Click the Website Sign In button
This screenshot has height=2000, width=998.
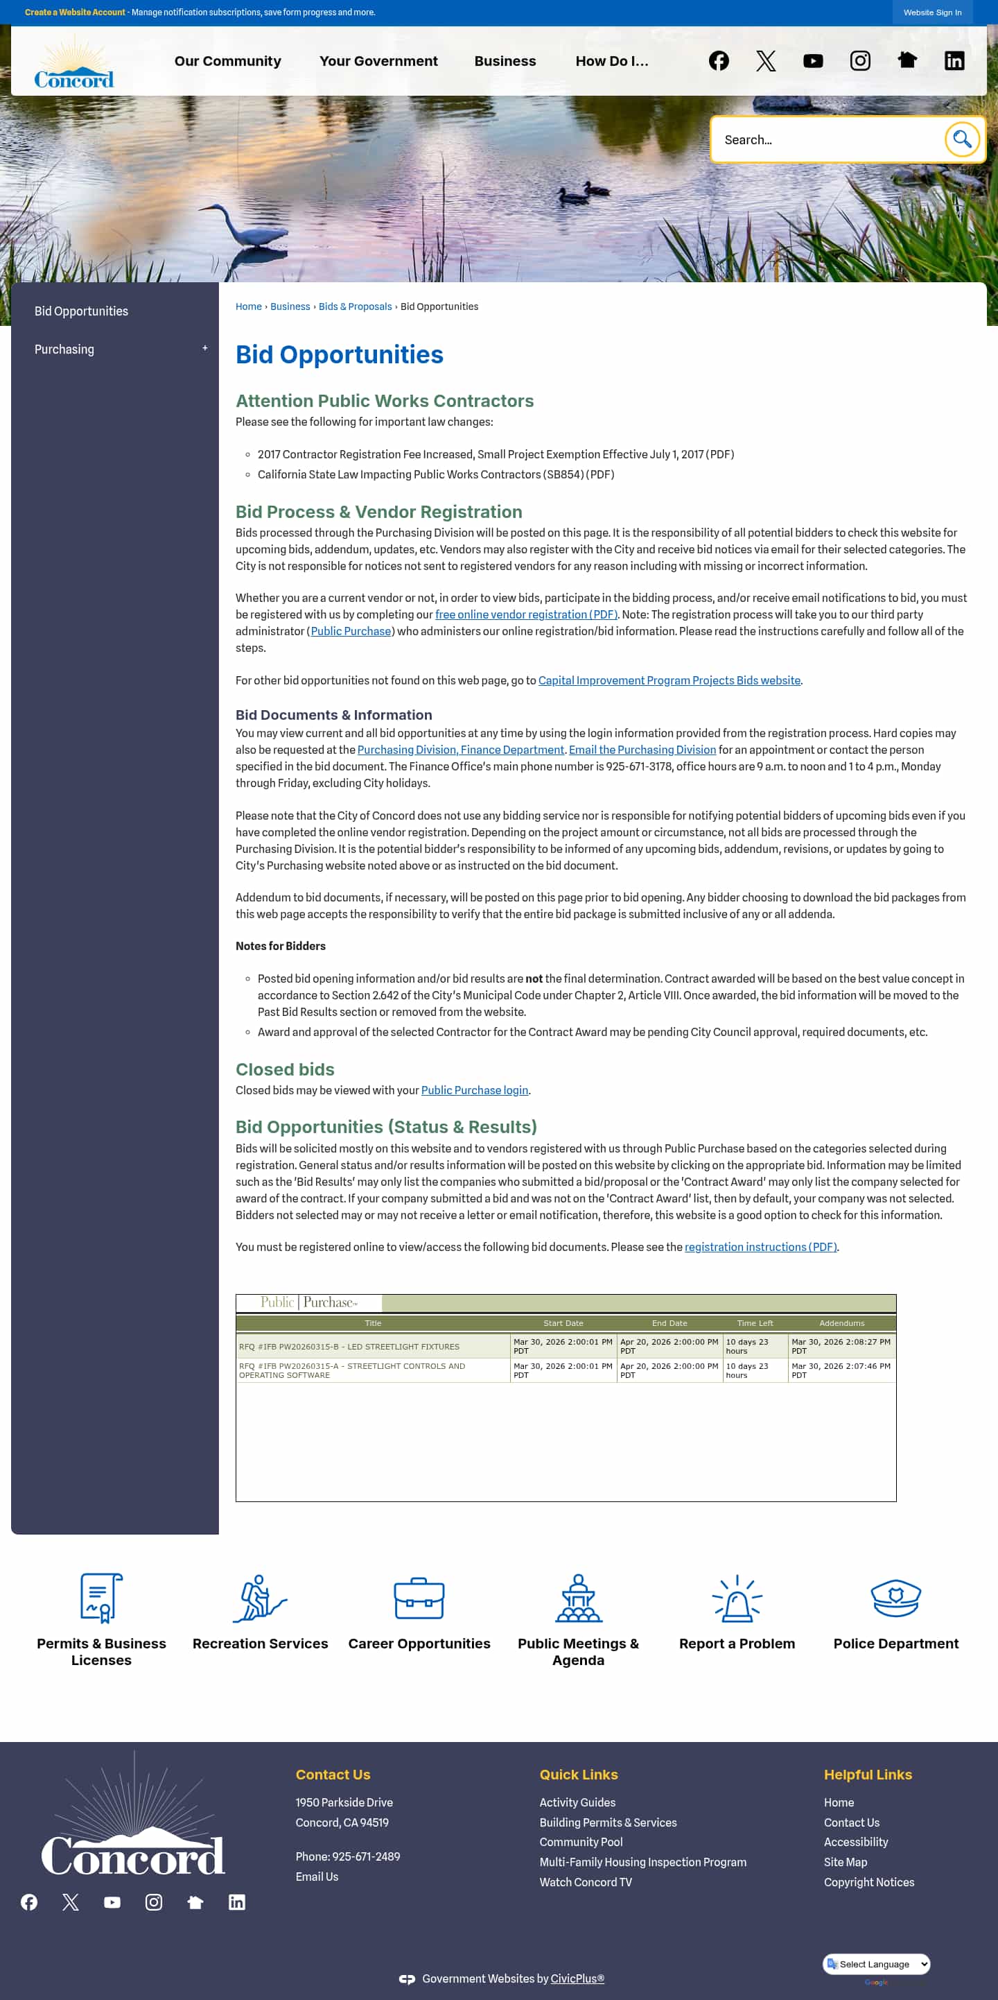931,12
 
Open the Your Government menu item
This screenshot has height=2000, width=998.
378,61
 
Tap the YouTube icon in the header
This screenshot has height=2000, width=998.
812,61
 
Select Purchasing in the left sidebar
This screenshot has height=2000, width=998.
64,350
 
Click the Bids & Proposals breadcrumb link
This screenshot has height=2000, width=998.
355,307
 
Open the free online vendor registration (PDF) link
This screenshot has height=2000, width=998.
525,614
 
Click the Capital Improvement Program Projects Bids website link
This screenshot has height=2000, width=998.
669,680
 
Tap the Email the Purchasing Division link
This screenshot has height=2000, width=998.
642,749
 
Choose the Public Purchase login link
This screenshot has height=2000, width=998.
474,1090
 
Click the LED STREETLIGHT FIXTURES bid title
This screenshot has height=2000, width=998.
349,1346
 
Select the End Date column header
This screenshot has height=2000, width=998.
669,1323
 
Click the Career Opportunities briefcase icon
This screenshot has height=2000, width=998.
419,1598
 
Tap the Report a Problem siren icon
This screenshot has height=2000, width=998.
737,1598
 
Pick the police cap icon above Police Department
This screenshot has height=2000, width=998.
895,1598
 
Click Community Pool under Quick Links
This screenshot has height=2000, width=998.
581,1842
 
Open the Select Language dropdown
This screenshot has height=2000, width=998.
876,1963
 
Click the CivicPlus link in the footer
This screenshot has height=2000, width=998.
577,1979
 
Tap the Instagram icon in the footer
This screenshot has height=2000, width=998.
154,1902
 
